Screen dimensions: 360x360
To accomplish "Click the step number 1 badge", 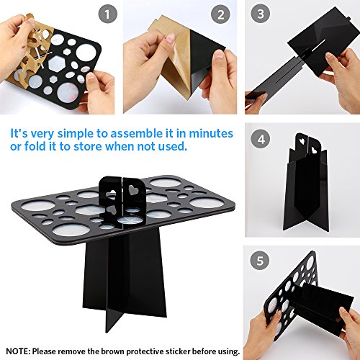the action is tap(108, 14).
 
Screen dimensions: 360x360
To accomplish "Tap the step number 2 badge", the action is tap(220, 14).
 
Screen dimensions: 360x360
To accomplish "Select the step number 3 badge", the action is tap(261, 14).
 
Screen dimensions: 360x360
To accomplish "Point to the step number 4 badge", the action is tap(261, 139).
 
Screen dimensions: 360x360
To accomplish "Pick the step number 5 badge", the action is tap(260, 261).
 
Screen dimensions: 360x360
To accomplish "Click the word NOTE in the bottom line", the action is tap(17, 351).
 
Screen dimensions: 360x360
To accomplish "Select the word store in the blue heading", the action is tap(88, 146).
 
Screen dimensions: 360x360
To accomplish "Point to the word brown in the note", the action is tap(113, 351).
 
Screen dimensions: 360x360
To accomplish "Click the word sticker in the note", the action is tap(177, 351).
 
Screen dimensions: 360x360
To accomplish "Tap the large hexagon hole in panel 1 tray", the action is tap(57, 63).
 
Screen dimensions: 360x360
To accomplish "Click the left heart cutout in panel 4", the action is tap(302, 141).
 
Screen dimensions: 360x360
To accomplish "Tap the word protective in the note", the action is tap(145, 351).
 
